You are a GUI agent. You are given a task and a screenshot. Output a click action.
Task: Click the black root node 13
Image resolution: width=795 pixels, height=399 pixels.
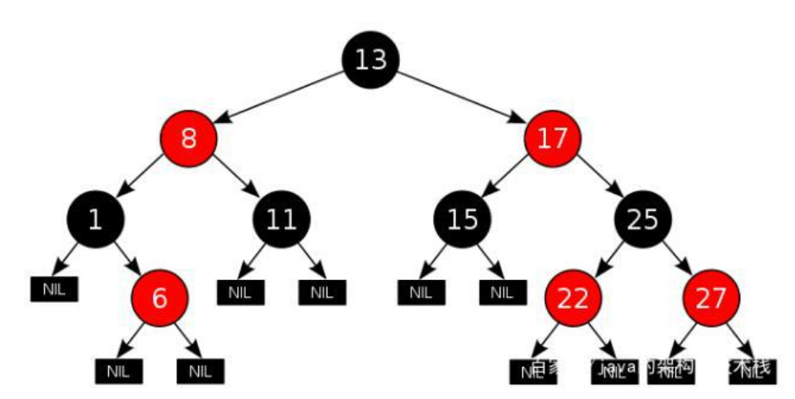(370, 59)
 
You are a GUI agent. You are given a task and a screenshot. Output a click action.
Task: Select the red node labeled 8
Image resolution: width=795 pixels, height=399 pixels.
(188, 137)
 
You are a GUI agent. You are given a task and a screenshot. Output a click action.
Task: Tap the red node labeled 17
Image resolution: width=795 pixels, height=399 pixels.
(553, 137)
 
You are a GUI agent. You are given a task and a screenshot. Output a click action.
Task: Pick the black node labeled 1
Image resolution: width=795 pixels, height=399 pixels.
(95, 219)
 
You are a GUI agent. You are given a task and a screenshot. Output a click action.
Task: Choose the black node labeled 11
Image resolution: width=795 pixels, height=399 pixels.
(281, 219)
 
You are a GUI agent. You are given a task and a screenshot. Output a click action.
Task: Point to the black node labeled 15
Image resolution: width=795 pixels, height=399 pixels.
(462, 219)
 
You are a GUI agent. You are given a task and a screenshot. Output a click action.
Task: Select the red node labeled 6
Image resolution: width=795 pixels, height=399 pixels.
(160, 299)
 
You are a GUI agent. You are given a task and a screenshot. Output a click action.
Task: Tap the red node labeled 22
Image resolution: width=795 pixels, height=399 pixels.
(573, 299)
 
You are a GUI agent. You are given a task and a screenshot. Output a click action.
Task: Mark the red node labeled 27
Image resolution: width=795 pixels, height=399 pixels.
(711, 299)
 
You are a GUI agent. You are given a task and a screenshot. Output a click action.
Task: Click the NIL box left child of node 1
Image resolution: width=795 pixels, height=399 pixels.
(54, 289)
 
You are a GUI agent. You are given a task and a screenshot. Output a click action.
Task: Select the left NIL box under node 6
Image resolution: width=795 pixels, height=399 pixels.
(119, 369)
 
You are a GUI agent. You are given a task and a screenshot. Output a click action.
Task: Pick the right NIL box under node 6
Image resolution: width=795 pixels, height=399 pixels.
(199, 369)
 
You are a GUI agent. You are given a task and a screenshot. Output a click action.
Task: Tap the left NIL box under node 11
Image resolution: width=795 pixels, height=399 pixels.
(241, 293)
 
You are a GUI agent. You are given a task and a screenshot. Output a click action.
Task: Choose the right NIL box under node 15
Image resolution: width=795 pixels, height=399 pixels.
(502, 293)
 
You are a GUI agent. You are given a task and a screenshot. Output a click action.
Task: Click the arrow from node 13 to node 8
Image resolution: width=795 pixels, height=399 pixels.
(279, 98)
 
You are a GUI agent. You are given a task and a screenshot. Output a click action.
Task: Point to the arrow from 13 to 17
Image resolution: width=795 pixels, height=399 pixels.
(461, 98)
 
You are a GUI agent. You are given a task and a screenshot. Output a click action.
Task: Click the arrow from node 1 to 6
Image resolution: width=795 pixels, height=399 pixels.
(127, 259)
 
